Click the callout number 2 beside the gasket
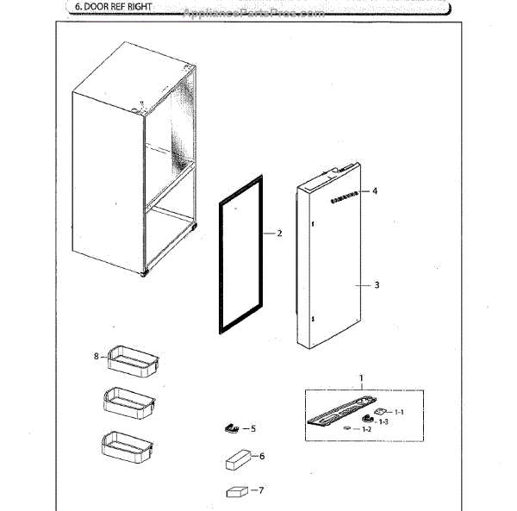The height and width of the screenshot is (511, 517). (x=279, y=234)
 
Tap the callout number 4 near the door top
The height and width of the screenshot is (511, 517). (x=377, y=191)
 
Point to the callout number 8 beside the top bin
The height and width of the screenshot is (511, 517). (x=97, y=354)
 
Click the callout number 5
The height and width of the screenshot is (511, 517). (x=253, y=428)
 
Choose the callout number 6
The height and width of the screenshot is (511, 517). (x=261, y=456)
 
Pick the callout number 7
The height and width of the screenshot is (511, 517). (x=261, y=491)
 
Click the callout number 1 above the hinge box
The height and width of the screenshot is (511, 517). (x=361, y=377)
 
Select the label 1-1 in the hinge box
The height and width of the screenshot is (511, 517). (x=399, y=413)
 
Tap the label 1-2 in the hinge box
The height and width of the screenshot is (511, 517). (x=366, y=428)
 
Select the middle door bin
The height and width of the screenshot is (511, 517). (x=130, y=403)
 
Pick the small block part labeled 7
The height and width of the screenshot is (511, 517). (x=234, y=493)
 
